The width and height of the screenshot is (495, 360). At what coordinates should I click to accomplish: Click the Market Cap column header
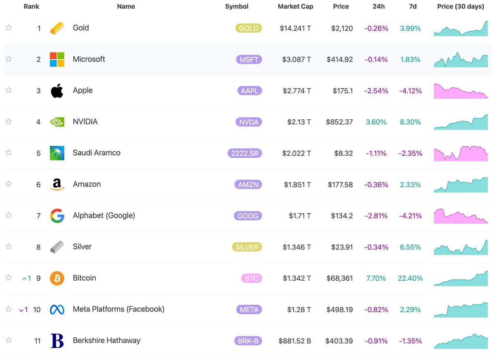(295, 7)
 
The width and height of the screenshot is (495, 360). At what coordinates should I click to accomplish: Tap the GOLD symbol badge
(249, 28)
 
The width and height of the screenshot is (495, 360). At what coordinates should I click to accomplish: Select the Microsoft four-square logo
(57, 59)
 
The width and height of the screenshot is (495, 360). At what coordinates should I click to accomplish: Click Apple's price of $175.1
(343, 91)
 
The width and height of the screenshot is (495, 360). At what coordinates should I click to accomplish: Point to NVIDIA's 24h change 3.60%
(376, 122)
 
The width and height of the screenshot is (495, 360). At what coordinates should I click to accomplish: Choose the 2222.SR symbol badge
(245, 153)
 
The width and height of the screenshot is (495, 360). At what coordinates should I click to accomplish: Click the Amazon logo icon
(57, 185)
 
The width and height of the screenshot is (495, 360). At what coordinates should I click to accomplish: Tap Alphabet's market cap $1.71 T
(300, 216)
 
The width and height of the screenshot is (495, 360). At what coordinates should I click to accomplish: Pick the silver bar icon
(57, 247)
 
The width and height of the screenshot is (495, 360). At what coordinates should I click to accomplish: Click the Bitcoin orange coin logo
(57, 278)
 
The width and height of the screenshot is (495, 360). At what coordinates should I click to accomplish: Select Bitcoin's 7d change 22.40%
(410, 278)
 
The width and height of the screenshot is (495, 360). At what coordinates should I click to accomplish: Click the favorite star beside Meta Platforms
(8, 309)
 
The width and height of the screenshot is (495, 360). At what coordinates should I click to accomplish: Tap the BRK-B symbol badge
(248, 341)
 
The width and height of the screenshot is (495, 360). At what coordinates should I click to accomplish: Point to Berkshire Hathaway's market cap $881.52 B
(295, 341)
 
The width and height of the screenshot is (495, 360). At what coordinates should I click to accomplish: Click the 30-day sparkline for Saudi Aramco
(461, 154)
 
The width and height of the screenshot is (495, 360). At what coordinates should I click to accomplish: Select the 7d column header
(413, 7)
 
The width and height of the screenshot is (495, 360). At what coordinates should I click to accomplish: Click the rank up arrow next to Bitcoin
(24, 279)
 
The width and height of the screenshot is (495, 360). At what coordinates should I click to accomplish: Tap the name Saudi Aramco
(97, 153)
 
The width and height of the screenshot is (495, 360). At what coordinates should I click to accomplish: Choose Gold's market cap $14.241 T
(295, 28)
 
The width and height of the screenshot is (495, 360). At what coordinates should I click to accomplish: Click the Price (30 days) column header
(461, 7)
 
